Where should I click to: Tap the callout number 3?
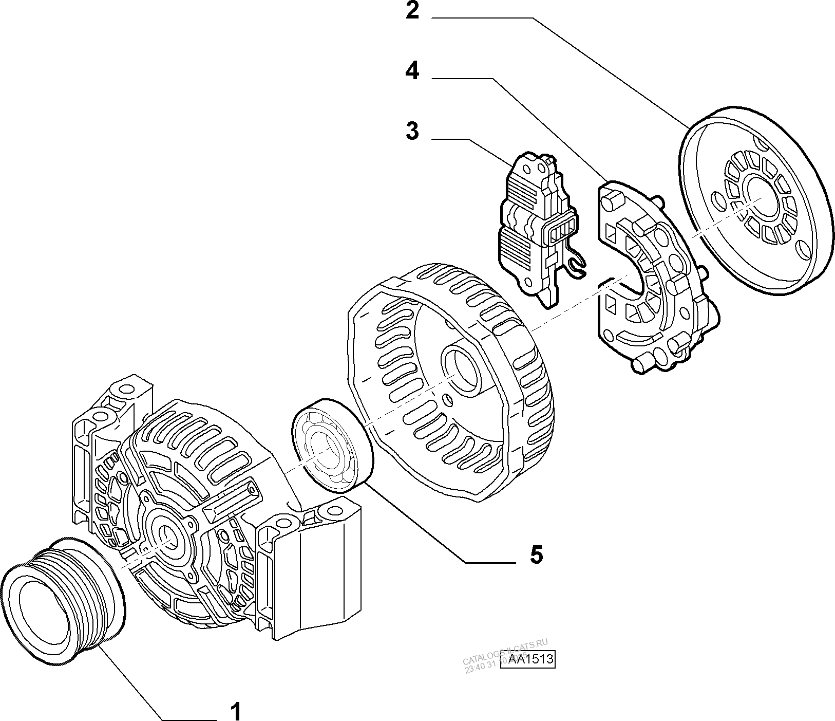pos(412,131)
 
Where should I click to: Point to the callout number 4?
pos(412,71)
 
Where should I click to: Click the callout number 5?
pos(536,554)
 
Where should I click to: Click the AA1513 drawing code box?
pos(532,659)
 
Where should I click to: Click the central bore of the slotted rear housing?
pos(461,371)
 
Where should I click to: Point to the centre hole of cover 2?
pos(761,196)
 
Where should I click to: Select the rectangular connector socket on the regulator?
pos(563,228)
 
